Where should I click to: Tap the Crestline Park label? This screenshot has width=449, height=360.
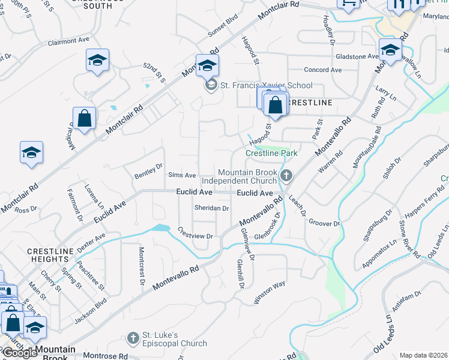point(271,154)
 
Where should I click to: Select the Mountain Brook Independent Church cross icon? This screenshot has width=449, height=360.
point(286,176)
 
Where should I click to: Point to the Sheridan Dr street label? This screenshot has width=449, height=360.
point(211,208)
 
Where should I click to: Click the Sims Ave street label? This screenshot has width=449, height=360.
point(182,175)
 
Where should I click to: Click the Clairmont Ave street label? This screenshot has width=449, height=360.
point(68,41)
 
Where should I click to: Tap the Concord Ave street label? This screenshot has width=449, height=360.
point(322,70)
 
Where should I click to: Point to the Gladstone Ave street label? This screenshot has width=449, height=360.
point(357,56)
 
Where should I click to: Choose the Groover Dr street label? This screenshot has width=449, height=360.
point(324,223)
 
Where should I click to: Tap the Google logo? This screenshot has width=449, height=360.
point(19,353)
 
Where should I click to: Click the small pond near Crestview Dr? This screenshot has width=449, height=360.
point(161,227)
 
